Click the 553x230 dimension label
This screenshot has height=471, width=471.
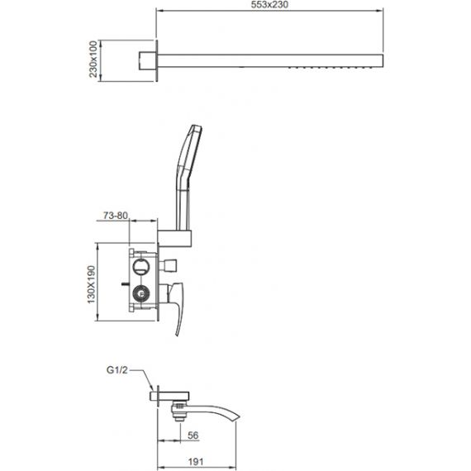(269, 4)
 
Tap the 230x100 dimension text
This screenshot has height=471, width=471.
(93, 59)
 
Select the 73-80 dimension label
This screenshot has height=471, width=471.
(116, 216)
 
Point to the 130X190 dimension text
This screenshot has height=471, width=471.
(92, 284)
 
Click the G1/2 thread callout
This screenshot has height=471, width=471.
(117, 370)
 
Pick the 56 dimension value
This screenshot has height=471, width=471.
(193, 435)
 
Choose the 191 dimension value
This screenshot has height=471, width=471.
(196, 462)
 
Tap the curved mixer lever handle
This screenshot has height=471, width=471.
(178, 309)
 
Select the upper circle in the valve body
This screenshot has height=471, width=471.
(140, 266)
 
